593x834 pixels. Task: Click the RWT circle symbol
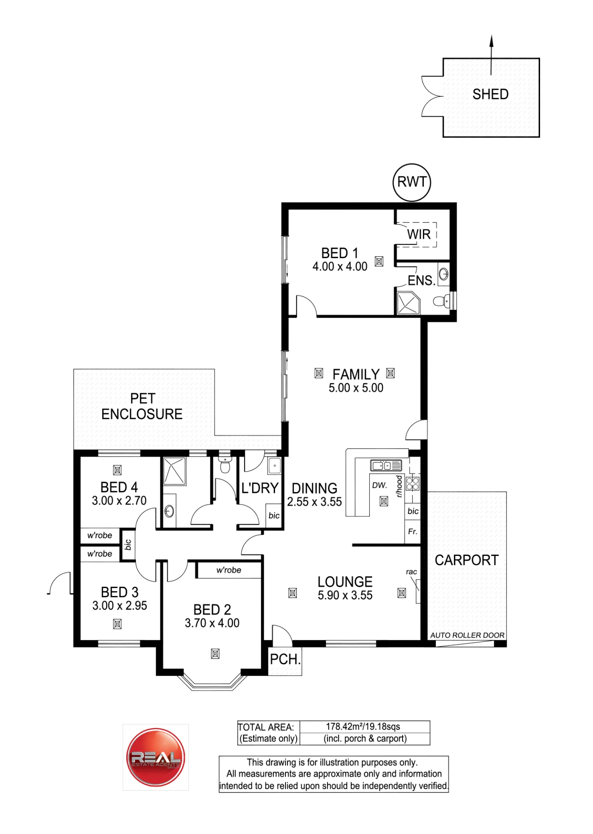[x=412, y=164]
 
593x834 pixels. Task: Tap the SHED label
[x=490, y=94]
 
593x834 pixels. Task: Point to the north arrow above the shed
[x=491, y=55]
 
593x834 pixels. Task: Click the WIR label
[x=419, y=234]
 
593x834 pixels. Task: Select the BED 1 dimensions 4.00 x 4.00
[x=340, y=266]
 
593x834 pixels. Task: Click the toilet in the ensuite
[x=442, y=300]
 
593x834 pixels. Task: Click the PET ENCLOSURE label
[x=142, y=406]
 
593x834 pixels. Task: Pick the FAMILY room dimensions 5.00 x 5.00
[x=356, y=388]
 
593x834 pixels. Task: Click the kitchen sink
[x=386, y=465]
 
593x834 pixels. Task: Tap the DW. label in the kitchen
[x=380, y=485]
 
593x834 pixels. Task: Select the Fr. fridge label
[x=413, y=532]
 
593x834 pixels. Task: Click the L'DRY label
[x=260, y=488]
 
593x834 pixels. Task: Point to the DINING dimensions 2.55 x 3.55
[x=315, y=502]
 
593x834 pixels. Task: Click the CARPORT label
[x=467, y=560]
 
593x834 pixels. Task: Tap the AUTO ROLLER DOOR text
[x=467, y=635]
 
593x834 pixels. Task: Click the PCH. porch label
[x=285, y=660]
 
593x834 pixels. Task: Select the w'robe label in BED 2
[x=229, y=570]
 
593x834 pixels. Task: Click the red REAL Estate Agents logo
[x=155, y=757]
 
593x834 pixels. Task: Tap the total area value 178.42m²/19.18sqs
[x=363, y=727]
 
